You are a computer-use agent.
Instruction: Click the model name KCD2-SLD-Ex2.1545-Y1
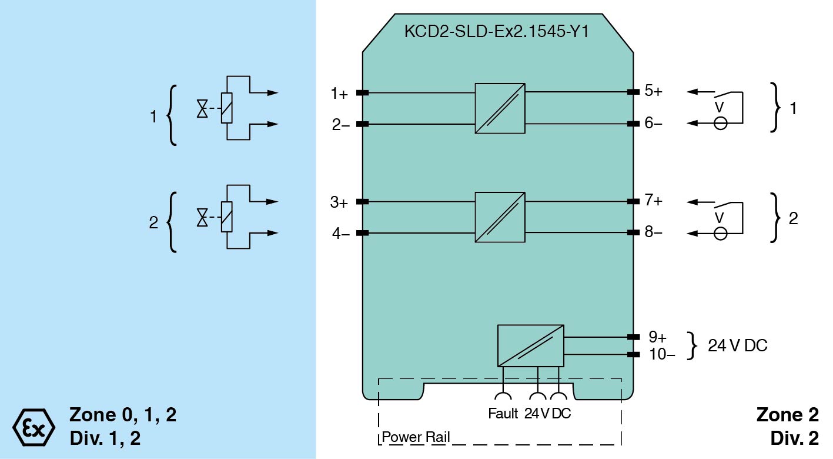pos(497,31)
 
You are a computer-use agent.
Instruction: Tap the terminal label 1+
pos(339,93)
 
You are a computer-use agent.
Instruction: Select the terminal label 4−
pos(340,234)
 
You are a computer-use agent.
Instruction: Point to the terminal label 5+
pos(653,91)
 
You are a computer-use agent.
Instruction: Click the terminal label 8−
pos(653,232)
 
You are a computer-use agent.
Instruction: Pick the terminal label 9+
pos(657,337)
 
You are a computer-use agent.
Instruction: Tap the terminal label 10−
pos(661,354)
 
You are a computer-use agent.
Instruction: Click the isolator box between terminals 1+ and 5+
pos(500,108)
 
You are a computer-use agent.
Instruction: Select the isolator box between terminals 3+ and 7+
pos(500,217)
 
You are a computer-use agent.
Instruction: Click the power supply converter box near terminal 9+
pos(530,345)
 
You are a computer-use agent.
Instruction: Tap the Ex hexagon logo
pos(34,425)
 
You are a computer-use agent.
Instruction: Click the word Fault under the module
pos(503,414)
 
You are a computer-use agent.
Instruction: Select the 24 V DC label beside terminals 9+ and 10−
pos(737,346)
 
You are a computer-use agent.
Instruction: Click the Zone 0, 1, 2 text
pos(123,415)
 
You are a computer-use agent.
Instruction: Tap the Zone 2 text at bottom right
pos(787,415)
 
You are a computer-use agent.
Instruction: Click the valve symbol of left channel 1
pos(203,108)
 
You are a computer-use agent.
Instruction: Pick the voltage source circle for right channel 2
pos(720,234)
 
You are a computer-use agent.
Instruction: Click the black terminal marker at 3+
pos(363,202)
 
